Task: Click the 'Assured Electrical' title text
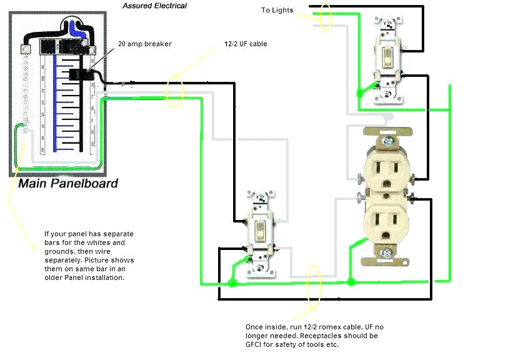pos(154,6)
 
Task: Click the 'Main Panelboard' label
pos(67,184)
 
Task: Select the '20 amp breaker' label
pos(145,44)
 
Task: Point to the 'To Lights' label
pos(277,10)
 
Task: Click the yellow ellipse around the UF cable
pos(175,90)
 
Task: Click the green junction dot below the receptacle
pos(351,282)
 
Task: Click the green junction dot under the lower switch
pos(232,283)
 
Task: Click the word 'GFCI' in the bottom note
pos(256,345)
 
